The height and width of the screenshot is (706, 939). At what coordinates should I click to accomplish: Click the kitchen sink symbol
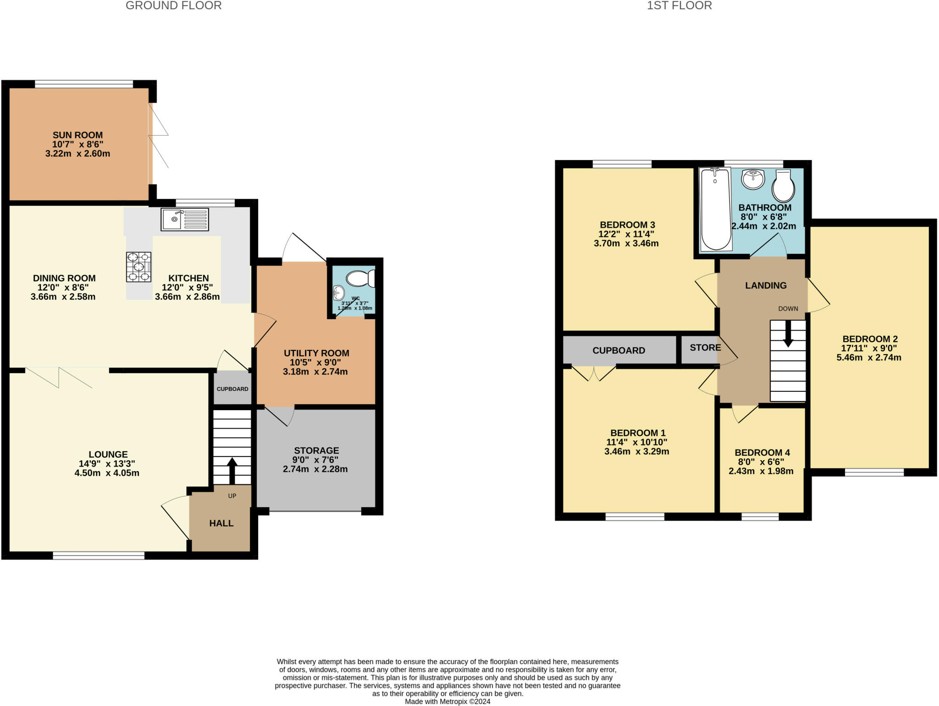click(185, 219)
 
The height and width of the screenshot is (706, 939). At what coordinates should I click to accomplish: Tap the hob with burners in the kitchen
click(139, 267)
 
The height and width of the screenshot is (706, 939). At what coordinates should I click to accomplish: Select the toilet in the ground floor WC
click(360, 278)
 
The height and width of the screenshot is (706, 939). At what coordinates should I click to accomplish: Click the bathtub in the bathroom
click(715, 209)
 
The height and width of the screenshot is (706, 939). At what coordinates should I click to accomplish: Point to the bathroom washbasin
click(753, 179)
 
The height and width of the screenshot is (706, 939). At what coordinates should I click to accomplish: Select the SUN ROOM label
click(77, 135)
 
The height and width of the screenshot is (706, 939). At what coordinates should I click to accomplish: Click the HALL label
click(221, 523)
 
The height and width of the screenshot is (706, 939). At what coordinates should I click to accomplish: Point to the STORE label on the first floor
click(705, 348)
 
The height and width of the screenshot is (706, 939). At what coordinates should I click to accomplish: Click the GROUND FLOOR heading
click(173, 6)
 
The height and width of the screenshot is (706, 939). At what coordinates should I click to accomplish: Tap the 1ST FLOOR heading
click(679, 6)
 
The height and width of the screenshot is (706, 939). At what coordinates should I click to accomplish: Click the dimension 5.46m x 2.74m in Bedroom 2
click(869, 358)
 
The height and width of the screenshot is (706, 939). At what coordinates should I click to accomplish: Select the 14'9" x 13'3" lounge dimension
click(107, 464)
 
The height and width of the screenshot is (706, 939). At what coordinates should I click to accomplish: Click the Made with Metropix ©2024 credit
click(447, 701)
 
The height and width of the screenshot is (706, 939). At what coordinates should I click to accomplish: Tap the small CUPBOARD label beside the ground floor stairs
click(232, 389)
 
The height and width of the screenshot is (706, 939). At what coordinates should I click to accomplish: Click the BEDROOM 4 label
click(762, 453)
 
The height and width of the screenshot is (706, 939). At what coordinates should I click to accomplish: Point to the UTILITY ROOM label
click(316, 353)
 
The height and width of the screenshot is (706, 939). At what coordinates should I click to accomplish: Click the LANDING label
click(766, 285)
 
